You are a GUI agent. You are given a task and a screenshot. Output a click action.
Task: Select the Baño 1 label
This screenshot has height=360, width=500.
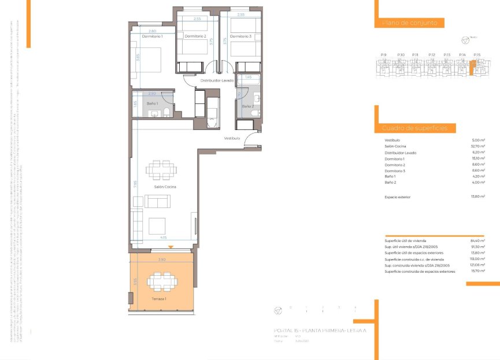click(x=153, y=103)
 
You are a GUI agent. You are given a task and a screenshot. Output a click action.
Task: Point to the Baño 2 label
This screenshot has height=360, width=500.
click(x=247, y=106)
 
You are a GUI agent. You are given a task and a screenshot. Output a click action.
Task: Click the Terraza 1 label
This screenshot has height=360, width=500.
click(x=159, y=299)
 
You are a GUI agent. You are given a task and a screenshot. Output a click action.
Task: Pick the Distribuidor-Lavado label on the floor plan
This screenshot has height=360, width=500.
click(x=217, y=80)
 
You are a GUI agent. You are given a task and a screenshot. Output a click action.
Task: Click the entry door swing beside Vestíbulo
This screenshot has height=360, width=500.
click(x=250, y=140)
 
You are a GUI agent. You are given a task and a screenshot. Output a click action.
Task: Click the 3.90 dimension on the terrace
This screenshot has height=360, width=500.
click(x=162, y=260)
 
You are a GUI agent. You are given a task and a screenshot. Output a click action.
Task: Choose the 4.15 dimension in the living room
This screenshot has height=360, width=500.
click(x=164, y=237)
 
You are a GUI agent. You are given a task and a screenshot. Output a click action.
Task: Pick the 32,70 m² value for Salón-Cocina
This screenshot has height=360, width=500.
click(x=478, y=147)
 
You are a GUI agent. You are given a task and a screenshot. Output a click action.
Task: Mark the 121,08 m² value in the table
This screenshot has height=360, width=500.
click(x=477, y=265)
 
